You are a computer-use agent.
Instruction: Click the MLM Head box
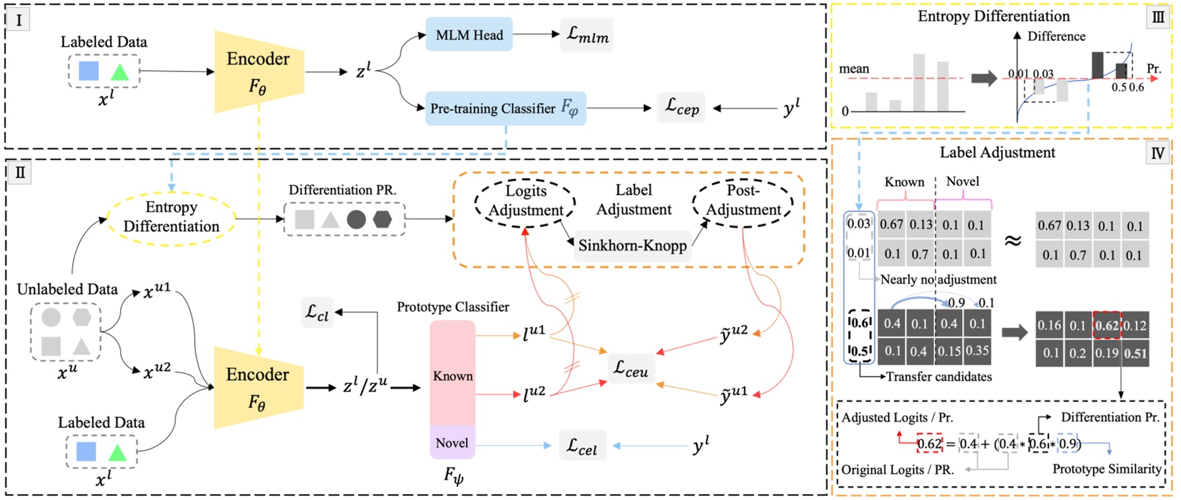point(469,35)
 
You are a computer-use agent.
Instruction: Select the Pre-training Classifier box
point(505,108)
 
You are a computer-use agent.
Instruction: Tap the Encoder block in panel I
point(258,71)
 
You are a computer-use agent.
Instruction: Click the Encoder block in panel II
point(258,387)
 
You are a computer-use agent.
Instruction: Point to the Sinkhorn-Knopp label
point(632,245)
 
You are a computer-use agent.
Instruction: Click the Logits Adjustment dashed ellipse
point(525,201)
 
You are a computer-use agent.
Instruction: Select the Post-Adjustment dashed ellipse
point(743,200)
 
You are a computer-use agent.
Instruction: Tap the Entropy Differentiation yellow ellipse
point(171,216)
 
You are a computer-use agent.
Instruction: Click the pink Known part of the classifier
point(452,375)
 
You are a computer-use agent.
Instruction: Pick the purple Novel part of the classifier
point(452,443)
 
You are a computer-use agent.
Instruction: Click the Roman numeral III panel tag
point(1158,18)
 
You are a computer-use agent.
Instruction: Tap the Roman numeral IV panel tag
point(1157,154)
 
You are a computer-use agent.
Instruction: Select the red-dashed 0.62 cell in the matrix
point(1106,325)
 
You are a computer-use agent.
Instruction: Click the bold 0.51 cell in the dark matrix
point(1135,353)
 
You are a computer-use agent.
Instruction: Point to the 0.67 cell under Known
point(891,224)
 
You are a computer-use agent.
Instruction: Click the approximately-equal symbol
point(1012,240)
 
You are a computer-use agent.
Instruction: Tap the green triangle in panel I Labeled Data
point(119,71)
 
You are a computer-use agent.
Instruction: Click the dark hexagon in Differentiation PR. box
point(382,219)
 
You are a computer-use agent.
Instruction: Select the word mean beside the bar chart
point(853,69)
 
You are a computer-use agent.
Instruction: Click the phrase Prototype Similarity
point(1107,468)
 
